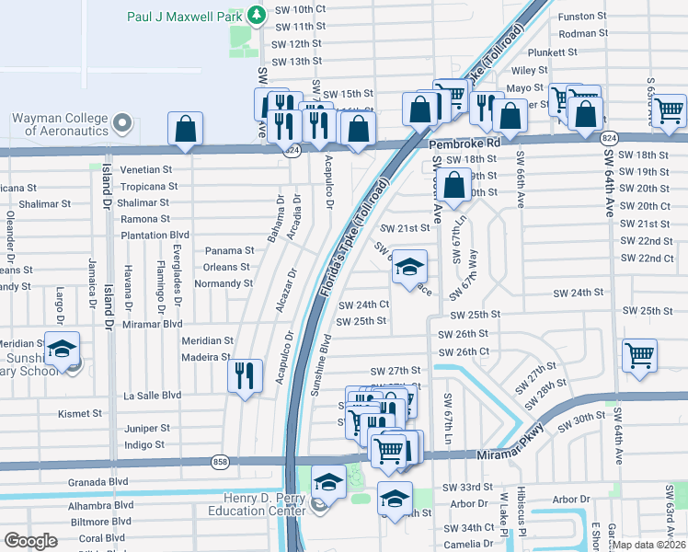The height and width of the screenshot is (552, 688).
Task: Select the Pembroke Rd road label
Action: (x=464, y=144)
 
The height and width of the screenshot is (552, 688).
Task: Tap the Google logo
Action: (x=31, y=541)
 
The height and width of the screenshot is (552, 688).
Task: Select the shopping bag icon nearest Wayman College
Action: (x=185, y=130)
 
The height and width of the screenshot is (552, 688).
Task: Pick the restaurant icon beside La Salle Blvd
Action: (x=244, y=376)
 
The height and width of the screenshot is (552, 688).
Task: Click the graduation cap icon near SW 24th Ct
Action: (x=410, y=268)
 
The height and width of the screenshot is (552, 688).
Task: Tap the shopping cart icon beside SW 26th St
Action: (x=639, y=355)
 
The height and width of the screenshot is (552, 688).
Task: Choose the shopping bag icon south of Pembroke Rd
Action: (x=454, y=186)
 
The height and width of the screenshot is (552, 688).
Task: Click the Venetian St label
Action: (x=147, y=169)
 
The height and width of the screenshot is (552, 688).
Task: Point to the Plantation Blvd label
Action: (x=155, y=236)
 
